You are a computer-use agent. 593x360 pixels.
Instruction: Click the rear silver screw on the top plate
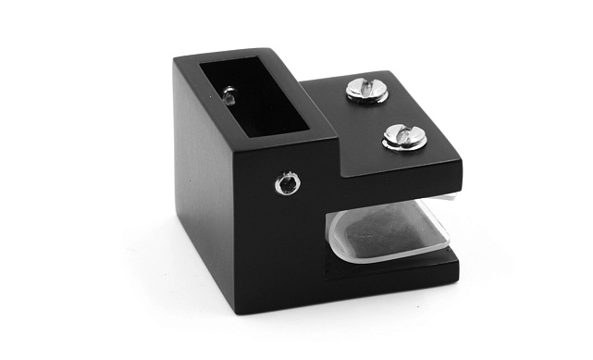[x=366, y=90]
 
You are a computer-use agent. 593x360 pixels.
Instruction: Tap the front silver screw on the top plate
[x=404, y=136]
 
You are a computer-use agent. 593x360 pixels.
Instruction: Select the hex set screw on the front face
[x=289, y=183]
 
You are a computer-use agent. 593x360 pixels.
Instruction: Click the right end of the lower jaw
[x=456, y=267]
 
